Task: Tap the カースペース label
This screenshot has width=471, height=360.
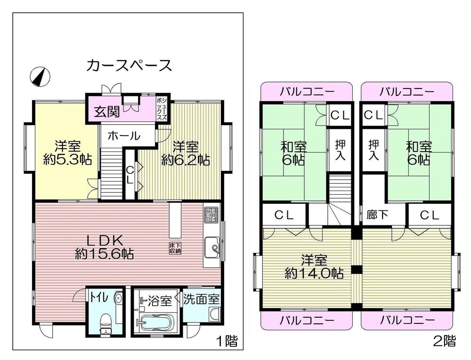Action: tap(129, 65)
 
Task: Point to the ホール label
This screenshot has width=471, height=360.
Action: tap(124, 136)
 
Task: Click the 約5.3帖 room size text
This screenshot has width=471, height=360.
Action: tap(66, 160)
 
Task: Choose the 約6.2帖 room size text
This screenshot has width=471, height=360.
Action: tap(185, 160)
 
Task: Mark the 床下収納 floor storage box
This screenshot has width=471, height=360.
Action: tap(175, 248)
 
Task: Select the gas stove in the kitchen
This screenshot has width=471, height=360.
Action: tap(211, 215)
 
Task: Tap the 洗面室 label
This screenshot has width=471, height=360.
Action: tap(202, 299)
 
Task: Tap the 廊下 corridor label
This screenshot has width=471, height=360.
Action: tap(377, 215)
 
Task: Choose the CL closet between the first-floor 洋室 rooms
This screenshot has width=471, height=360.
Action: tap(130, 175)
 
